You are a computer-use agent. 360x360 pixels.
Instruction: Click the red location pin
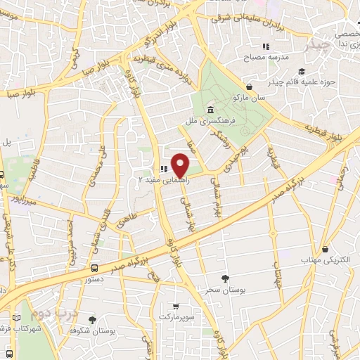pos(181,165)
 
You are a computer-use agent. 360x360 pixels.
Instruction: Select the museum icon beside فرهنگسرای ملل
pos(212,110)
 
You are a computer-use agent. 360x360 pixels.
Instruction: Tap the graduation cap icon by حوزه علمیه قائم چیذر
pos(302,71)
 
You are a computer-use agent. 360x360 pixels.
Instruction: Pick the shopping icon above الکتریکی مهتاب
pos(326,249)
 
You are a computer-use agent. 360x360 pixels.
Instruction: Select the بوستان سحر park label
pos(226,290)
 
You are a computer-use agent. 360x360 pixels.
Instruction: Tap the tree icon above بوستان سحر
pos(225,278)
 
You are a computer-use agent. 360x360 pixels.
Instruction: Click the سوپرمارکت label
pos(174,318)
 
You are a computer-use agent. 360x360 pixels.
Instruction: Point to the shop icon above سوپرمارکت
pos(175,306)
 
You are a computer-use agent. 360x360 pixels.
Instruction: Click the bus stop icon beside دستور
pos(94,268)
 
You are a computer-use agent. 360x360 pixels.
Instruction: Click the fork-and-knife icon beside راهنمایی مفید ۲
pos(163,169)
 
